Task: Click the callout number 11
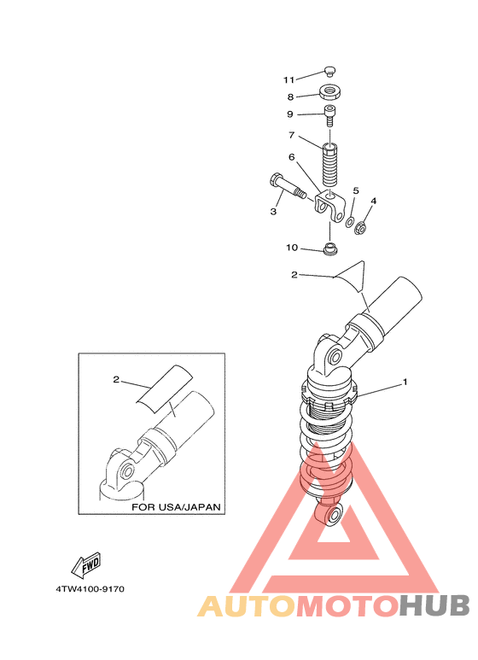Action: [289, 79]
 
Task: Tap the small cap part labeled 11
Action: [329, 71]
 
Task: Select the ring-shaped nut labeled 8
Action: [329, 91]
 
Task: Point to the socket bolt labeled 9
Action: [329, 115]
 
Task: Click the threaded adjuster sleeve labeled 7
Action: [329, 165]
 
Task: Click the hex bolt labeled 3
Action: [287, 186]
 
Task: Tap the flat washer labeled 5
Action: [350, 222]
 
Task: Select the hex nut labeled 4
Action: [359, 229]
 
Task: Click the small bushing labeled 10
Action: [330, 248]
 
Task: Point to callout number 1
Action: [405, 382]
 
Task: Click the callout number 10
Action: [292, 248]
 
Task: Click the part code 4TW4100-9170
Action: [90, 589]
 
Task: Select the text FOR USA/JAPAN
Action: [176, 507]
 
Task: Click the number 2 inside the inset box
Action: [116, 379]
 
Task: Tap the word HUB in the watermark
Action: [434, 606]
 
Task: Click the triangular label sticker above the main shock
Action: [352, 276]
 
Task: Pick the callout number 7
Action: [291, 135]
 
